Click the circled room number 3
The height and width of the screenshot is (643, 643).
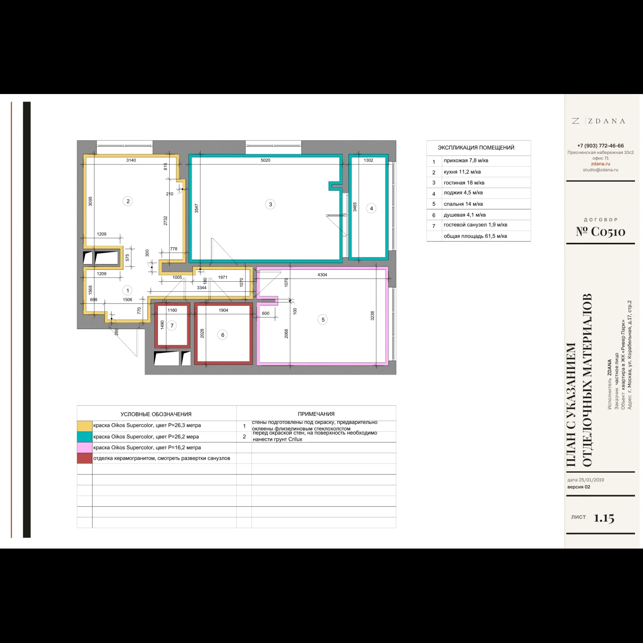click(270, 205)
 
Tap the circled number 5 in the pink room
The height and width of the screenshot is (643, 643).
click(323, 320)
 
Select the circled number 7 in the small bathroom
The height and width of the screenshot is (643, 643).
click(172, 326)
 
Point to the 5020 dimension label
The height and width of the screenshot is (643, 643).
click(265, 160)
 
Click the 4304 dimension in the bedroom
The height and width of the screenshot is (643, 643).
click(322, 275)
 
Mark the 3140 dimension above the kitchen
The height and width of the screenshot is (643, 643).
click(131, 160)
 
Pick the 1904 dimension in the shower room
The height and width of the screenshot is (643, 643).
click(223, 310)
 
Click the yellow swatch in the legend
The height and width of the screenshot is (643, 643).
click(85, 426)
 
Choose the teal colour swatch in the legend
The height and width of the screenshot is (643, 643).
click(85, 436)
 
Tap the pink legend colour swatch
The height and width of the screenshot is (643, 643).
click(85, 447)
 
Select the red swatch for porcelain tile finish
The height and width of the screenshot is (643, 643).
click(85, 458)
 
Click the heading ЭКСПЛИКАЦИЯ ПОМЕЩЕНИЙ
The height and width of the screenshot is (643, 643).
click(476, 148)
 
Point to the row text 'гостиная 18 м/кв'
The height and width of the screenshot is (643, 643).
click(464, 183)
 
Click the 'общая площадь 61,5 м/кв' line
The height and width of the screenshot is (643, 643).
click(475, 236)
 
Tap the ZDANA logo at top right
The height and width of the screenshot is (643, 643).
click(599, 121)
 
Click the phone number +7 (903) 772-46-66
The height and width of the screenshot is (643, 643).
click(600, 146)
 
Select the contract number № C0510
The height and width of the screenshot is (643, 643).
click(600, 231)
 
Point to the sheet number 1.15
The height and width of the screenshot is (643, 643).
click(604, 518)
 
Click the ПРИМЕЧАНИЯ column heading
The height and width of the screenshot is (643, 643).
click(316, 414)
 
